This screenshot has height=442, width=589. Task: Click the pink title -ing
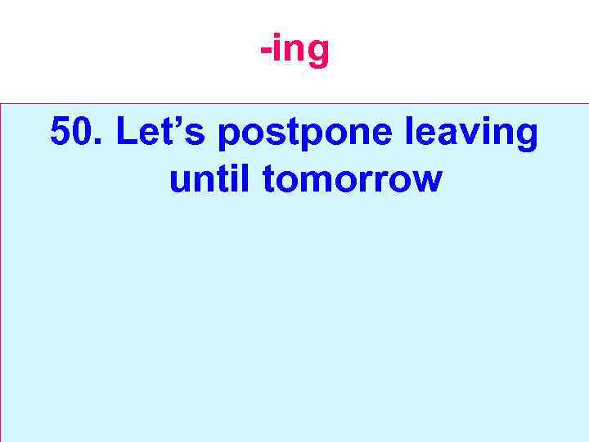294,49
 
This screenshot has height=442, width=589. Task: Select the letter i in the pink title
279,47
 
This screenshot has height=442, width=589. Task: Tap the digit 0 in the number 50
84,132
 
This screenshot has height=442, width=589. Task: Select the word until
211,178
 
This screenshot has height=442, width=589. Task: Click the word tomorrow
352,179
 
